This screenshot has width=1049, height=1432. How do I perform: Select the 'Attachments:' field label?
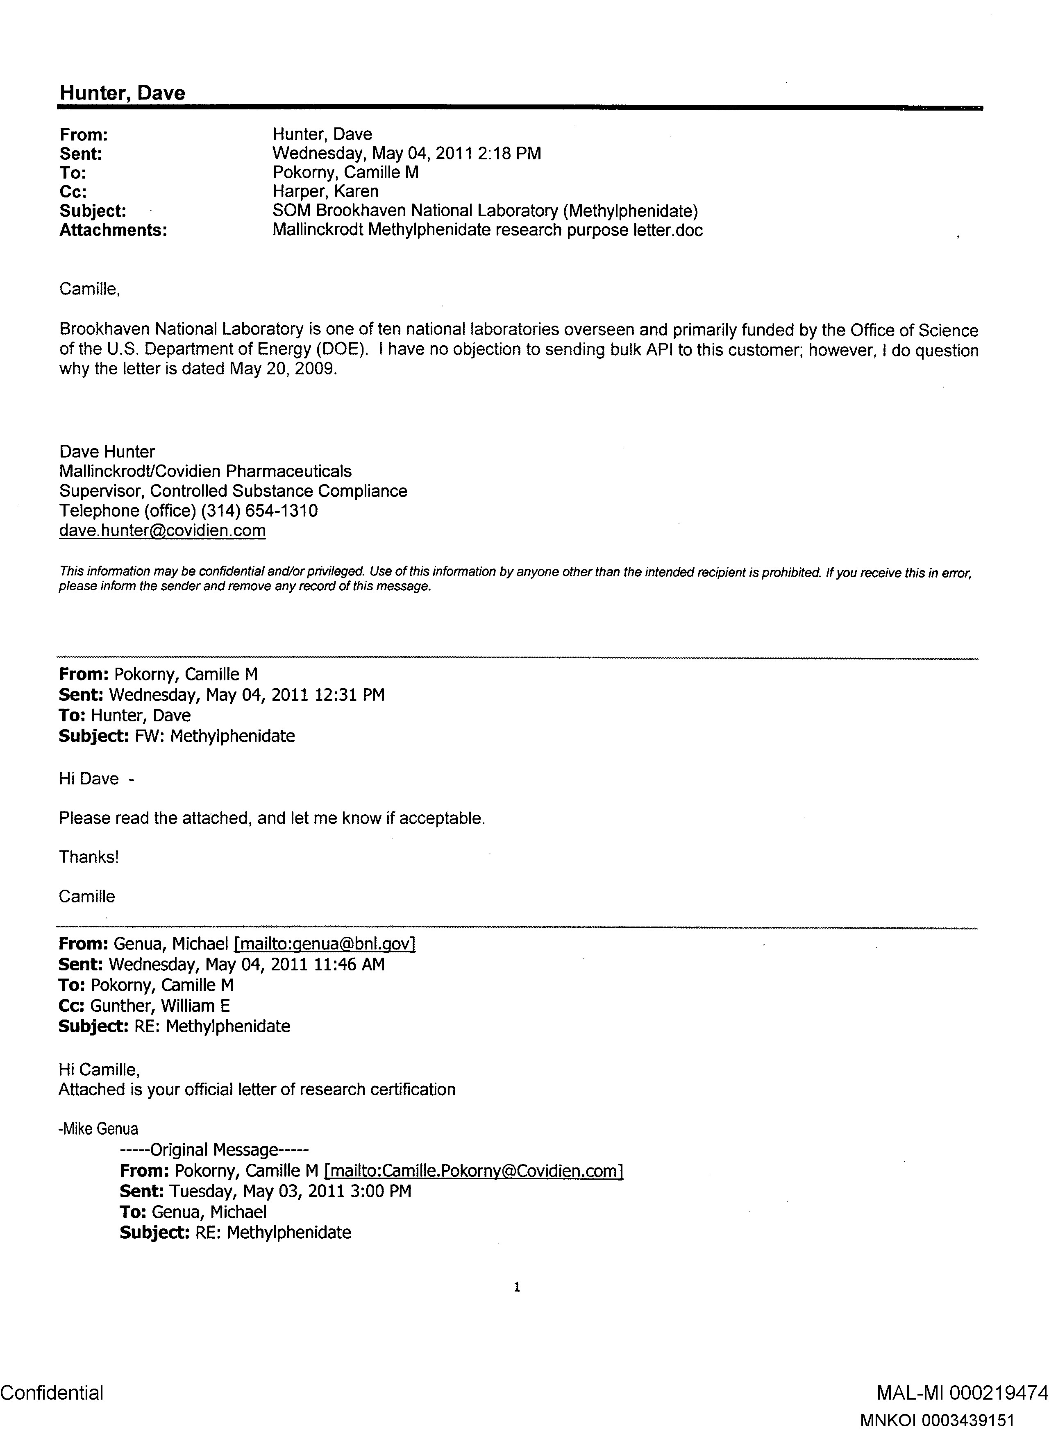[x=113, y=231]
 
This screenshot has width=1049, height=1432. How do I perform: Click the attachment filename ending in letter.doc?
[x=487, y=231]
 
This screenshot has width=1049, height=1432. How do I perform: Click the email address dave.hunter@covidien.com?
[x=163, y=531]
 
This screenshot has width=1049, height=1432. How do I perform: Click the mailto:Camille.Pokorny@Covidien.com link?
[x=473, y=1171]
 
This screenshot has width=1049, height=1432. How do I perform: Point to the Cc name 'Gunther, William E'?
[x=160, y=1006]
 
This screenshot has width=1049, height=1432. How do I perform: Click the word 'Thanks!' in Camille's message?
[x=89, y=858]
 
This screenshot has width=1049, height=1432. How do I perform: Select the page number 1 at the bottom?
[x=517, y=1287]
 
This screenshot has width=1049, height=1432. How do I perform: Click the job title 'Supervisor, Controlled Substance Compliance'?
[x=233, y=491]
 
